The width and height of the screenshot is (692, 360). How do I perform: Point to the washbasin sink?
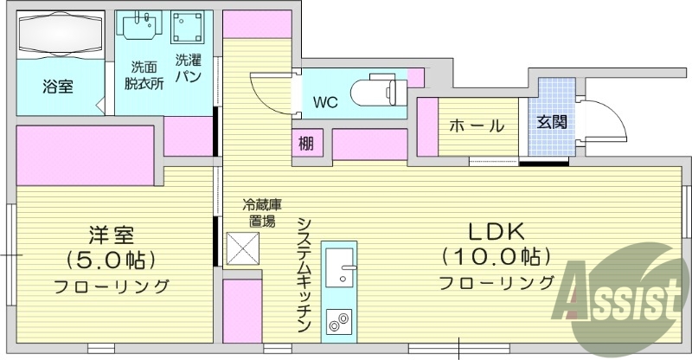141,28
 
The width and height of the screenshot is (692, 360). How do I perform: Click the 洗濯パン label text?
189,68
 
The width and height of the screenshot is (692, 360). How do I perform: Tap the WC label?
325,103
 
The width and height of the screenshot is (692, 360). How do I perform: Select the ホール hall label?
476,125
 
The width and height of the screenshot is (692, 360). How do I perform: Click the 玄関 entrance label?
551,122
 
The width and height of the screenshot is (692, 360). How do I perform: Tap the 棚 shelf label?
307,143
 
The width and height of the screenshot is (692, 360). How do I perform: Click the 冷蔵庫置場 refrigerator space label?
260,213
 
